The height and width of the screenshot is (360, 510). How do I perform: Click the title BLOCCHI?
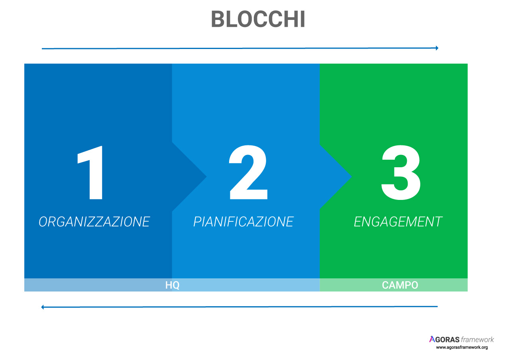click(x=258, y=19)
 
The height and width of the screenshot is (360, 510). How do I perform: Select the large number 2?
click(x=248, y=172)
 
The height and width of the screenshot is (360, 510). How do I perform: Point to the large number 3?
click(x=401, y=172)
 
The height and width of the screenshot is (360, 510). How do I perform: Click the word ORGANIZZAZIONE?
click(x=94, y=222)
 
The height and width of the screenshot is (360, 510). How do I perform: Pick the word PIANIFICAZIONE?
click(x=243, y=222)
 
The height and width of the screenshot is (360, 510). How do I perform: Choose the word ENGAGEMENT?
click(x=398, y=222)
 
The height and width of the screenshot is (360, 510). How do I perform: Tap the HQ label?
click(x=173, y=285)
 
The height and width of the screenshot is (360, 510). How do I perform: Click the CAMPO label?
click(x=400, y=285)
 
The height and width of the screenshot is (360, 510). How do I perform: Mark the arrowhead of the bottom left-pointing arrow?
click(x=42, y=307)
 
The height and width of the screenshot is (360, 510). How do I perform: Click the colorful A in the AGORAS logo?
click(x=432, y=339)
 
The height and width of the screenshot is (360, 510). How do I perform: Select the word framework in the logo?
click(x=477, y=340)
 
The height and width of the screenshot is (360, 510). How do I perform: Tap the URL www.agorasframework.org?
click(x=462, y=348)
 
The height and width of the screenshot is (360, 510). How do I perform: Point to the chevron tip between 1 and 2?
click(x=206, y=176)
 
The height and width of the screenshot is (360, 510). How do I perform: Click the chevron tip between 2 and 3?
click(x=351, y=176)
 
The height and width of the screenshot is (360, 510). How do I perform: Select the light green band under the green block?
click(x=394, y=285)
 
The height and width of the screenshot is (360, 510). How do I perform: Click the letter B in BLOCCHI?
click(x=218, y=19)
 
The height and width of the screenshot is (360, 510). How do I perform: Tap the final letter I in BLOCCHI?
click(x=302, y=19)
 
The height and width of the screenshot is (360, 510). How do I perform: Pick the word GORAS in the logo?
click(x=447, y=340)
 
